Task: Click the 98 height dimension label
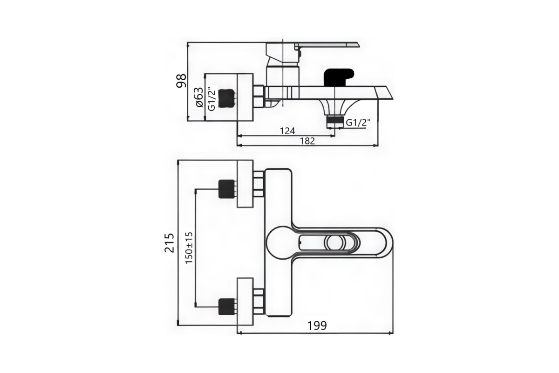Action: [x=181, y=81]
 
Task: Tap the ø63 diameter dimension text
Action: [x=199, y=97]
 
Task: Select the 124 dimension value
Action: [x=287, y=131]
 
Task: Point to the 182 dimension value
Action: [x=307, y=141]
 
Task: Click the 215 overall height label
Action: [x=169, y=243]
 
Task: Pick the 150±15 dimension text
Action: [x=189, y=248]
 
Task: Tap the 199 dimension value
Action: [x=317, y=325]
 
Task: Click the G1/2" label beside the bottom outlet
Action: [x=358, y=123]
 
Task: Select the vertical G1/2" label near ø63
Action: [x=211, y=99]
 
